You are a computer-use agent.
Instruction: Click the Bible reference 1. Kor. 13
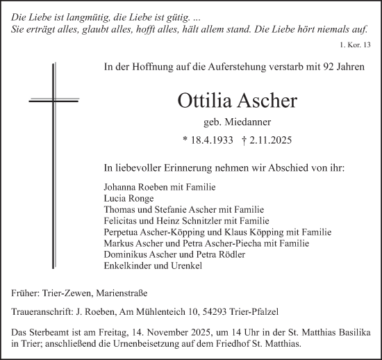[356, 44]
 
